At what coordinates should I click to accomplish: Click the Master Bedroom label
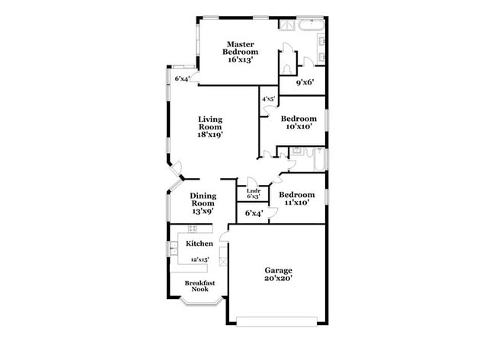pos(240,47)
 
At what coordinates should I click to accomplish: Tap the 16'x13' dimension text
pos(240,59)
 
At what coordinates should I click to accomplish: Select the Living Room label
pos(210,123)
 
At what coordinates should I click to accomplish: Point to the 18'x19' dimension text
pos(210,135)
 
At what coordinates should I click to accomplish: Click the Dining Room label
pos(203,199)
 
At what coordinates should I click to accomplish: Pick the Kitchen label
pos(200,244)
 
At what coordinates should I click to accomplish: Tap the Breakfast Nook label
pos(200,286)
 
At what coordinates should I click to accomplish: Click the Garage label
pos(278,270)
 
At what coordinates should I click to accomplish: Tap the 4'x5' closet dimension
pos(268,100)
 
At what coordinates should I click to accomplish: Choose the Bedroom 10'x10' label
pos(298,123)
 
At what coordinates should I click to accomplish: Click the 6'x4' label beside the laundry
pos(254,213)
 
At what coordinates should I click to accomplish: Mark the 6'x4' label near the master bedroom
pos(183,78)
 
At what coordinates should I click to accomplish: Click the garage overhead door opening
pos(276,318)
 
